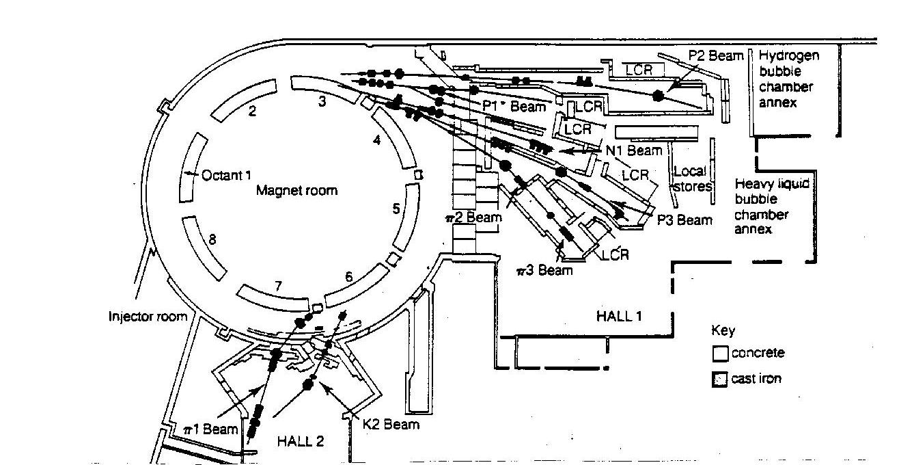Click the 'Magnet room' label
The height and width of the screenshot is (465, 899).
click(x=296, y=191)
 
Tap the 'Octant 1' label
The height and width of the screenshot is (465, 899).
click(x=226, y=175)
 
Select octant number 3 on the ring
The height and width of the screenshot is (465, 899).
click(x=322, y=101)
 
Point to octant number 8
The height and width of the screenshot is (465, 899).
click(x=212, y=239)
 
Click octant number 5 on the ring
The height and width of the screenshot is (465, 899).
click(x=396, y=209)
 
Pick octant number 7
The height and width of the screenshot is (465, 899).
click(x=278, y=286)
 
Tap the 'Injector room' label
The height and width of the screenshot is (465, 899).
click(x=148, y=317)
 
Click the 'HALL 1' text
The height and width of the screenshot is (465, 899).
click(x=619, y=316)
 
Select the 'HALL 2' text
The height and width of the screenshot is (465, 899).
click(x=300, y=441)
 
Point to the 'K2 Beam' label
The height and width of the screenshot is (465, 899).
click(x=391, y=425)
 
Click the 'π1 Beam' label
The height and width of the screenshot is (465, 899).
click(x=210, y=429)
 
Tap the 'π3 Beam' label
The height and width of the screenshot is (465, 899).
click(x=544, y=271)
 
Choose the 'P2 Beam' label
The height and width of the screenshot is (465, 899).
click(x=716, y=55)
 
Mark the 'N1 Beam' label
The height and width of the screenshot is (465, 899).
click(x=634, y=150)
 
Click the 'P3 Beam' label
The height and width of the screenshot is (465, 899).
click(x=684, y=220)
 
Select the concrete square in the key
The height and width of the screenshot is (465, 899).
click(x=720, y=354)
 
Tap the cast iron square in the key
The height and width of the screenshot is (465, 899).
click(x=719, y=380)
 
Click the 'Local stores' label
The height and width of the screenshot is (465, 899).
click(x=692, y=179)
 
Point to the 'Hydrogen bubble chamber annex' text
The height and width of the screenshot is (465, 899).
click(x=787, y=79)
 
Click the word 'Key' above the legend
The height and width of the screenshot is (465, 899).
click(x=723, y=331)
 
